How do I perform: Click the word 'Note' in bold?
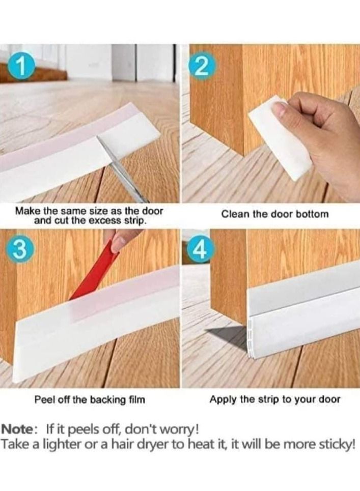click(x=19, y=429)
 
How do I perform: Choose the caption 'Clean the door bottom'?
click(x=275, y=214)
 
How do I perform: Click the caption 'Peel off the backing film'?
click(x=90, y=399)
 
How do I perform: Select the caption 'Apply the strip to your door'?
click(x=275, y=399)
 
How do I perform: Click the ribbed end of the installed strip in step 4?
click(x=251, y=339)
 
